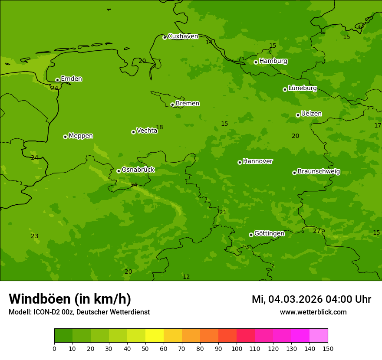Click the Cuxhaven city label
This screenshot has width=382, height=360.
(x=183, y=36)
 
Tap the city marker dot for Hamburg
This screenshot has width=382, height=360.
(x=256, y=62)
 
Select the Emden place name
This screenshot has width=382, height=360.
(x=71, y=79)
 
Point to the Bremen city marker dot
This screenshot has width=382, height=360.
(x=172, y=105)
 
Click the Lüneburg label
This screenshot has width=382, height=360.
(x=302, y=88)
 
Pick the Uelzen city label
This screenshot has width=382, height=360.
(x=311, y=114)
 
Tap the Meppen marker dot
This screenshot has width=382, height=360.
(x=65, y=137)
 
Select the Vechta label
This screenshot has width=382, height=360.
(x=147, y=131)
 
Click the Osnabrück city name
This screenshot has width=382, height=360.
(x=138, y=170)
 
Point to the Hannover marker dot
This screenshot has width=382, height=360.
(x=240, y=162)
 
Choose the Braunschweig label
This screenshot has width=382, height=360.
(x=319, y=172)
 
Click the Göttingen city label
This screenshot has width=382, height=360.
(x=269, y=234)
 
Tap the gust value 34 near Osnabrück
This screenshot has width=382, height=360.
(x=134, y=185)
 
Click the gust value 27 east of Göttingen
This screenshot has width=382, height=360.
(x=316, y=231)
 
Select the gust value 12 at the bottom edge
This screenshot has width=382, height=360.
(x=186, y=277)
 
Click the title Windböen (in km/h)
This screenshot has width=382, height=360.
(x=70, y=299)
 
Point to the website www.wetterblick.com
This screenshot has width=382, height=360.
(x=313, y=312)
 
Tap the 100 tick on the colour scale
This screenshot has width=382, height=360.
(x=237, y=348)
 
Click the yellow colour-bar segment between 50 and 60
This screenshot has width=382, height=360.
(x=155, y=335)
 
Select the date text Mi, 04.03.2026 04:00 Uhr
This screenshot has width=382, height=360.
(x=311, y=299)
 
